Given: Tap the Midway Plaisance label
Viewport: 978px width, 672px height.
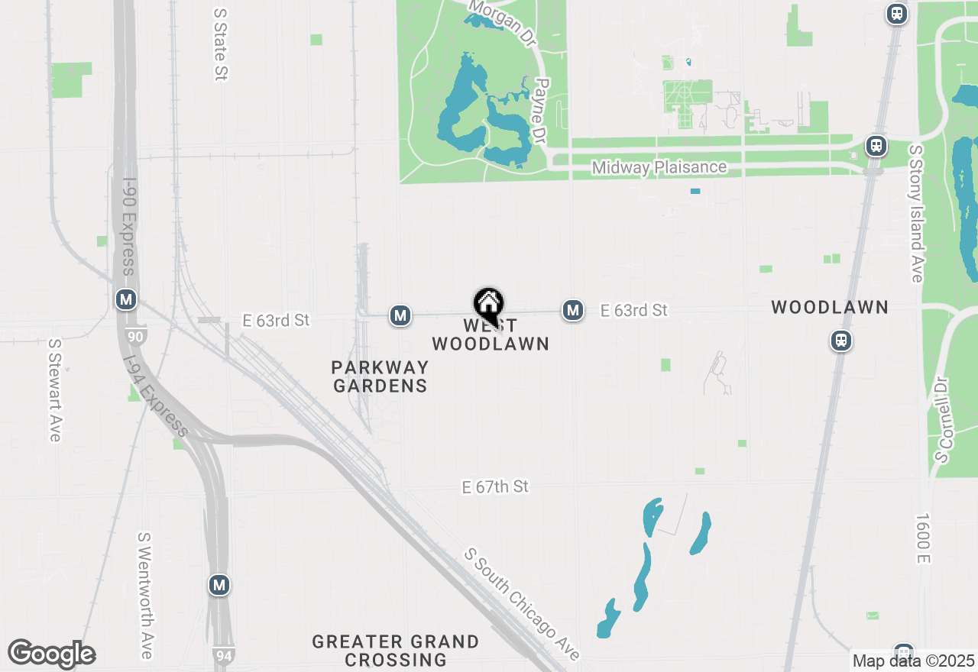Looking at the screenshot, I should coord(659,167).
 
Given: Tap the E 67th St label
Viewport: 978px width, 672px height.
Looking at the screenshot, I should coord(495,486).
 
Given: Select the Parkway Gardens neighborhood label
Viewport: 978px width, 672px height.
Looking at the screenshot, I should coord(380,376).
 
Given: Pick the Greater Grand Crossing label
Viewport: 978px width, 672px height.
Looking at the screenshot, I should coord(396,650).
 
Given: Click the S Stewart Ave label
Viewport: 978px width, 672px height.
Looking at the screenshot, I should coord(54,389).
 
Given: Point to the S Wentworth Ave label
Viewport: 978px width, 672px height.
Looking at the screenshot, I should coord(145,595).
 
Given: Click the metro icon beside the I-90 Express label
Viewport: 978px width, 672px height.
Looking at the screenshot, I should coord(126,299).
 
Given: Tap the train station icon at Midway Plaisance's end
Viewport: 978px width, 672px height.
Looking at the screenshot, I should coord(876,146).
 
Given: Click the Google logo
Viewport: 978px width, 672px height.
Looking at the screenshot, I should coord(51,654).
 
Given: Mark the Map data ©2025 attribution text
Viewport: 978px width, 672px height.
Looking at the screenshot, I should coord(913,661).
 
